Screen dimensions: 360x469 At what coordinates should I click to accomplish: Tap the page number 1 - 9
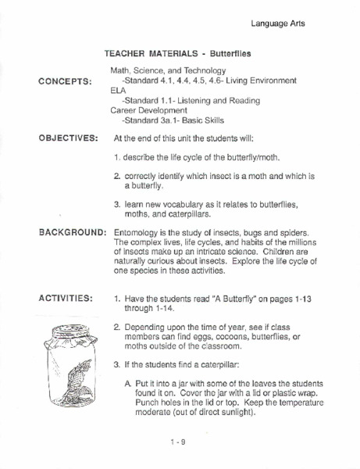[x=176, y=442]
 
